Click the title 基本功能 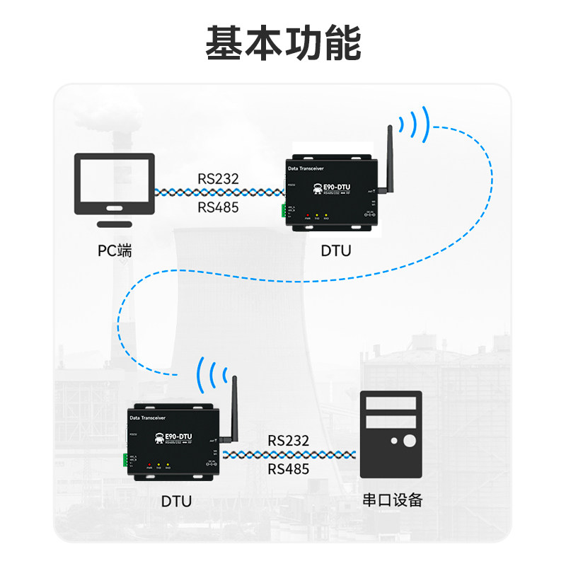pyautogui.click(x=283, y=43)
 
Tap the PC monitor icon pyautogui.click(x=115, y=185)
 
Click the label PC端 pyautogui.click(x=115, y=250)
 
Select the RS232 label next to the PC pyautogui.click(x=218, y=178)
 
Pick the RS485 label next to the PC pyautogui.click(x=218, y=207)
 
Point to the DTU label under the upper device pyautogui.click(x=335, y=250)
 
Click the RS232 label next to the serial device pyautogui.click(x=289, y=440)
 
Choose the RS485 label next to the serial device pyautogui.click(x=289, y=469)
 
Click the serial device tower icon pyautogui.click(x=391, y=434)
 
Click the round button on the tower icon pyautogui.click(x=409, y=442)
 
